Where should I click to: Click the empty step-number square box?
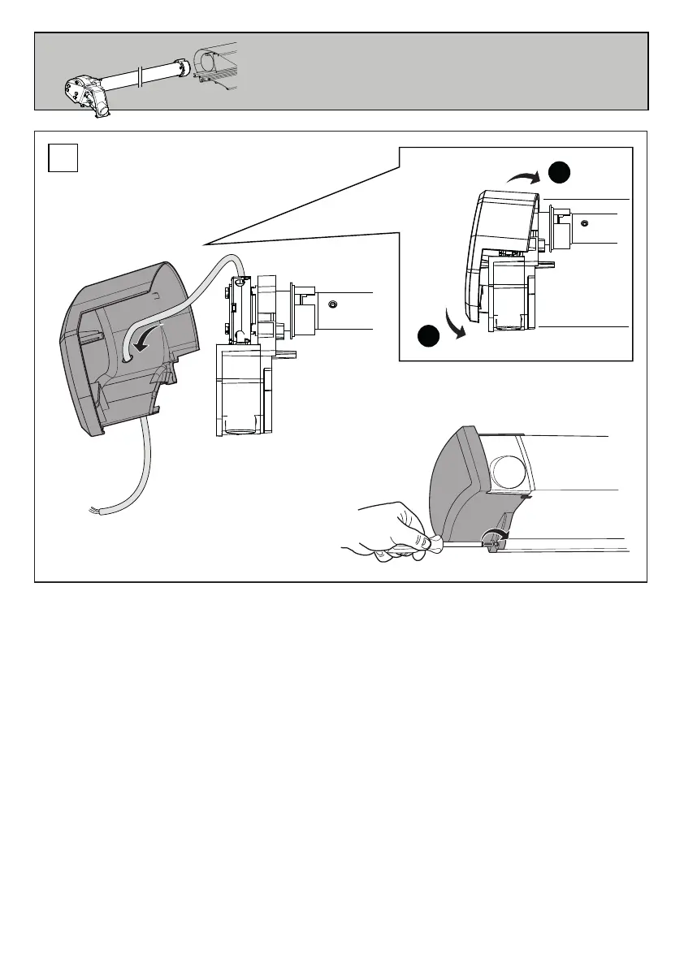click(x=63, y=158)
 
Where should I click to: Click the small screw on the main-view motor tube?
click(x=332, y=304)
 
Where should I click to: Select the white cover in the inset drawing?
click(x=496, y=244)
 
